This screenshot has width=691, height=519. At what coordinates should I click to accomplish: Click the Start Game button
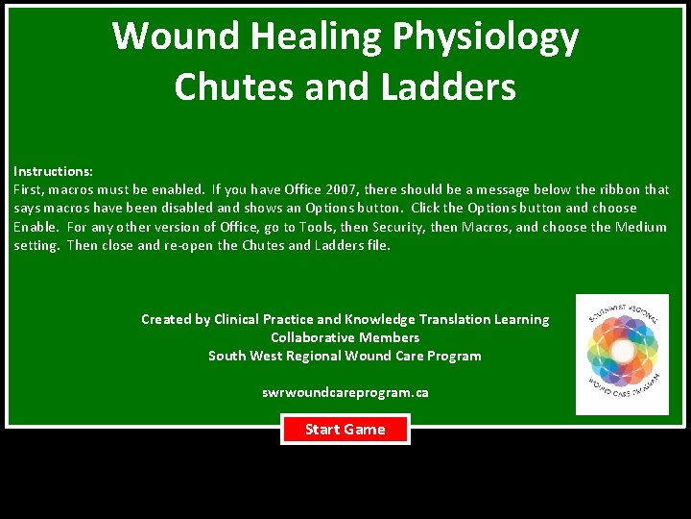click(x=345, y=430)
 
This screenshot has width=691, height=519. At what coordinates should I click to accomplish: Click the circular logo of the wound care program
click(x=622, y=354)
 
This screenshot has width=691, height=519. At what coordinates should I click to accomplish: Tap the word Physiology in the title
click(x=485, y=37)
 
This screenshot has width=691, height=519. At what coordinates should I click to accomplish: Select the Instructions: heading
click(x=53, y=171)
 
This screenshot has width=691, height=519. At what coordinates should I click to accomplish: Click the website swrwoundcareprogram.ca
click(x=345, y=392)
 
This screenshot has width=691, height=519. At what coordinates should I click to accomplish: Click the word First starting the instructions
click(x=29, y=189)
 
